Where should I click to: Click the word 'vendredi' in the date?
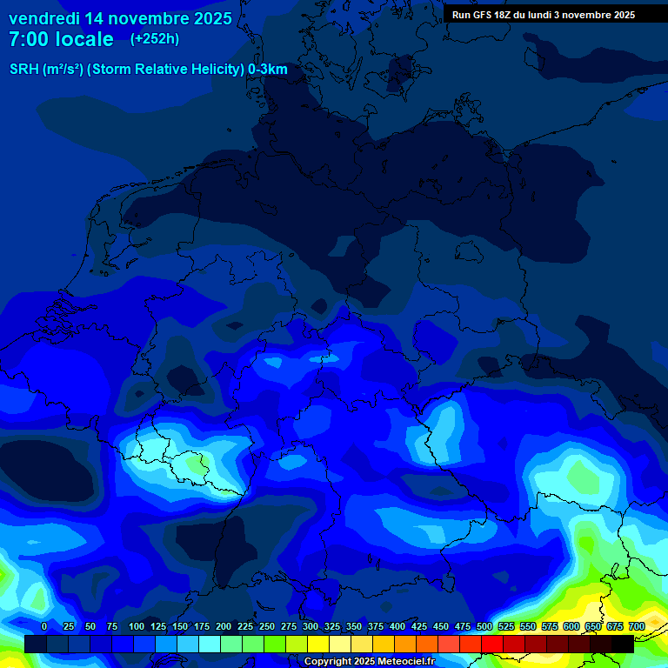(x=44, y=18)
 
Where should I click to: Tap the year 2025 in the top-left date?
(x=208, y=18)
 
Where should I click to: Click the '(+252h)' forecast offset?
(x=155, y=39)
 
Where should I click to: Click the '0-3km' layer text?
(x=268, y=70)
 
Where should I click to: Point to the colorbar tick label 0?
(x=44, y=626)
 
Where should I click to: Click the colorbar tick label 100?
(x=137, y=626)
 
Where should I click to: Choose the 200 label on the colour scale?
(x=224, y=626)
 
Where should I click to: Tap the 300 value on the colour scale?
(x=311, y=626)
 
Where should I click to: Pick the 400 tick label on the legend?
(x=397, y=626)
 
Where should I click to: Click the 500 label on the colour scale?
(x=484, y=626)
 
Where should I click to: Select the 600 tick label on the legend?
(x=571, y=626)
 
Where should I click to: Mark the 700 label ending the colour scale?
(x=637, y=626)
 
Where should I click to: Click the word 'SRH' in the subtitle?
(x=24, y=70)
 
